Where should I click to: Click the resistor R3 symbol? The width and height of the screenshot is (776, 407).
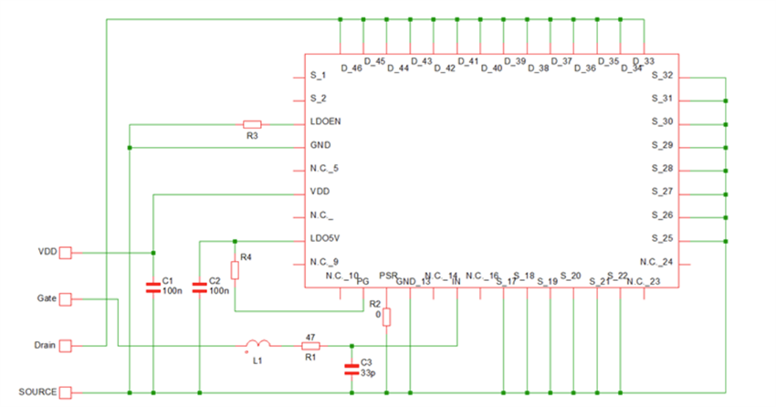tap(253, 123)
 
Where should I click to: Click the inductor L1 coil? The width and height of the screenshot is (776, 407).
tap(257, 345)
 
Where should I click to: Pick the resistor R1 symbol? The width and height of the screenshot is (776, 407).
tap(310, 346)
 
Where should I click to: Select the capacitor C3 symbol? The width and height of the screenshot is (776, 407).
tap(351, 370)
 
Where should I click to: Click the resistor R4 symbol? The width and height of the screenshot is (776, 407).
tap(235, 270)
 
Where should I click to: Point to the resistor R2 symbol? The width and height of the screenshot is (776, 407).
tap(387, 317)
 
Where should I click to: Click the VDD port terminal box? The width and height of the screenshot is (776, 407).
tap(65, 253)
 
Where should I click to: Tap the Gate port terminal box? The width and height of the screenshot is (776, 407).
tap(65, 298)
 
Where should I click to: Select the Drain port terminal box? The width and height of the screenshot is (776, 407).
tap(65, 346)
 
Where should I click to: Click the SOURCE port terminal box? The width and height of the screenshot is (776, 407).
tap(65, 392)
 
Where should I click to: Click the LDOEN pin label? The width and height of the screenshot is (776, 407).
tap(326, 121)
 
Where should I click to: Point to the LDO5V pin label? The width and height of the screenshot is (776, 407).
tap(325, 239)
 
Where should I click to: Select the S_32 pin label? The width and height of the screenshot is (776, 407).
tap(662, 75)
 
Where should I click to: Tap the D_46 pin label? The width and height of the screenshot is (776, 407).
tap(351, 68)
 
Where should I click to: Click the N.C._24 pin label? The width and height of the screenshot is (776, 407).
tap(656, 262)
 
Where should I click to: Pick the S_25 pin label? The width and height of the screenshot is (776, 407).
tap(662, 239)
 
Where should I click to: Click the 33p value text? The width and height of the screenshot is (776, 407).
tap(368, 373)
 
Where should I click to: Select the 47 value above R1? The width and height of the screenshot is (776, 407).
tap(309, 336)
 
